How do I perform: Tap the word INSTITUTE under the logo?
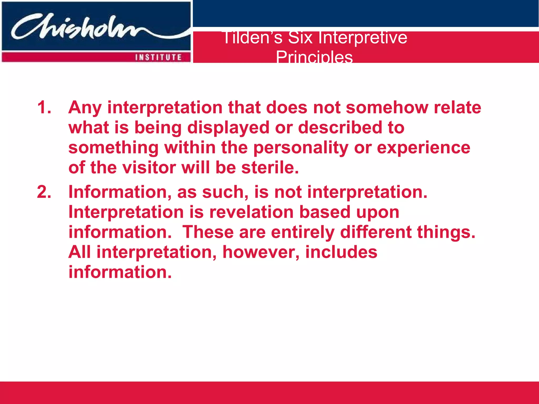click(x=158, y=57)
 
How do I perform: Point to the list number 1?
click(x=44, y=107)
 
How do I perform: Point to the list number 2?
click(x=44, y=192)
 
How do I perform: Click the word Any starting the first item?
click(x=85, y=108)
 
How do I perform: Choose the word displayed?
click(x=228, y=128)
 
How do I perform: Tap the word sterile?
click(x=270, y=168)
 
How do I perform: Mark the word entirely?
click(x=303, y=232)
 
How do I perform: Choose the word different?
click(x=376, y=232)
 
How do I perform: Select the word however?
click(x=261, y=252)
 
